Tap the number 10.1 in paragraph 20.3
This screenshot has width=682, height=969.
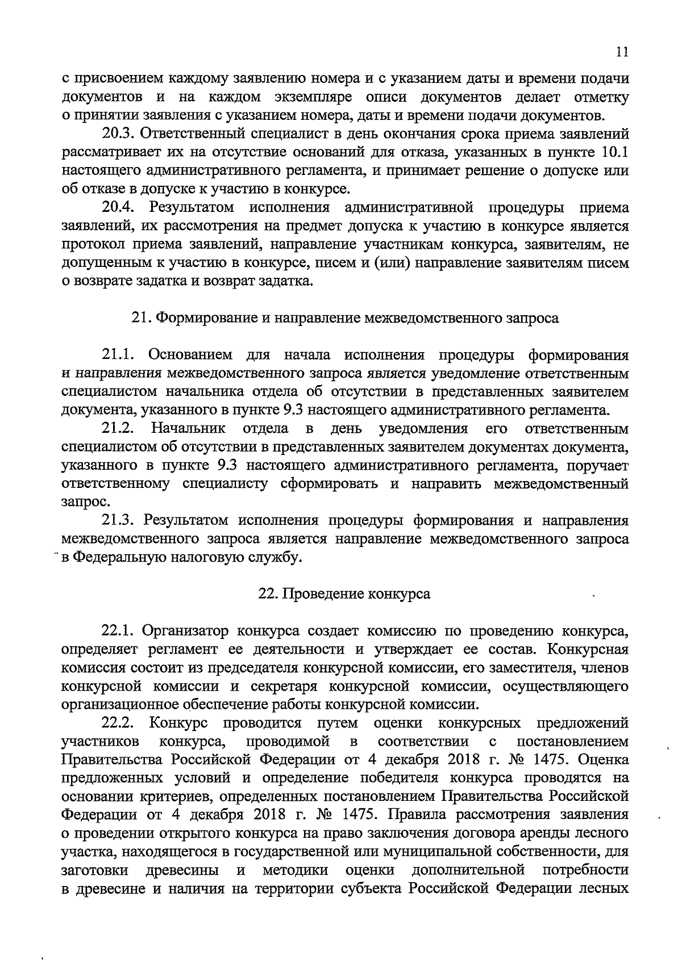[614, 153]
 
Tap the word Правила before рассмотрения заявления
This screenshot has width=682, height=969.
[419, 815]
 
